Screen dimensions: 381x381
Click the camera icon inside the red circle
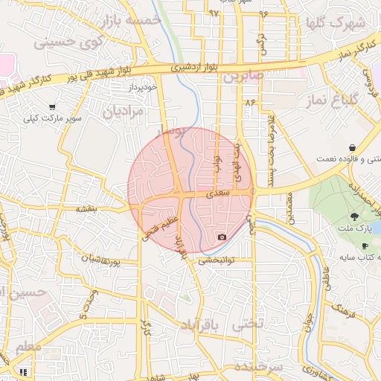pos(222,237)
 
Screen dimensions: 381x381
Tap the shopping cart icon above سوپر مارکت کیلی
pos(51,107)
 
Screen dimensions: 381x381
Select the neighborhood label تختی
pos(249,324)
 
